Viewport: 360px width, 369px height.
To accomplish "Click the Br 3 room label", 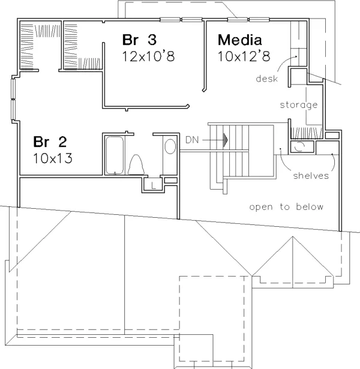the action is coord(139,40).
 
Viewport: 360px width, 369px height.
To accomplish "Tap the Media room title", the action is coord(240,40).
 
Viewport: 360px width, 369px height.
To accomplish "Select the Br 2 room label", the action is coord(50,142).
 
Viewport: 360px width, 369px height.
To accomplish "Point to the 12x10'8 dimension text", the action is coord(148,56).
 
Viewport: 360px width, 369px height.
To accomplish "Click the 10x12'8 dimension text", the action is coord(244,56).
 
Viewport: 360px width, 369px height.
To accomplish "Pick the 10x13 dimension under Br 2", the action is coord(53,158).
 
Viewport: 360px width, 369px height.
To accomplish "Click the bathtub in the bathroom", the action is coord(115,155).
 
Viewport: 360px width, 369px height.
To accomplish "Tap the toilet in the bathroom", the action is coord(136,165).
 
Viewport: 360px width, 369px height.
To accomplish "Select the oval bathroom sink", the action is coord(170,146).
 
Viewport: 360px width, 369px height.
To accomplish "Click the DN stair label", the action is coord(192,140).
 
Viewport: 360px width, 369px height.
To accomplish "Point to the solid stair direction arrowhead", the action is coord(226,140).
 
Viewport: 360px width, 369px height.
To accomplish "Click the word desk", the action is coord(266,79).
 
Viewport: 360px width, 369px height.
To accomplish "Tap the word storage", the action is coord(299,105).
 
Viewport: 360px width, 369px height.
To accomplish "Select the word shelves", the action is coord(311,176).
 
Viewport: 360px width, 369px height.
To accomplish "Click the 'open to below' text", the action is coord(286,207).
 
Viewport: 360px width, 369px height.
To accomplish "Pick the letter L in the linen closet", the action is coord(154,185).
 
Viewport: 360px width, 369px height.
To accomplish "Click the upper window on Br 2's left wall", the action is coord(13,88).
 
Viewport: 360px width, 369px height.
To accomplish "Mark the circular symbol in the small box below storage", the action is coord(299,147).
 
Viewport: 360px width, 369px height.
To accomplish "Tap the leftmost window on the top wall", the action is coord(170,20).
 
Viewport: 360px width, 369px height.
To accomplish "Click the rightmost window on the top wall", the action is coord(259,20).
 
